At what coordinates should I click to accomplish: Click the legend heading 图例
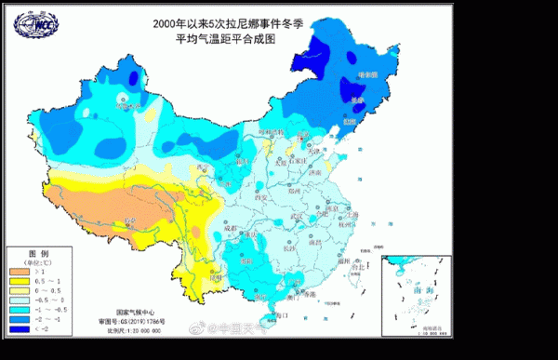37,253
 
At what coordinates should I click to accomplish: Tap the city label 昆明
216,275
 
